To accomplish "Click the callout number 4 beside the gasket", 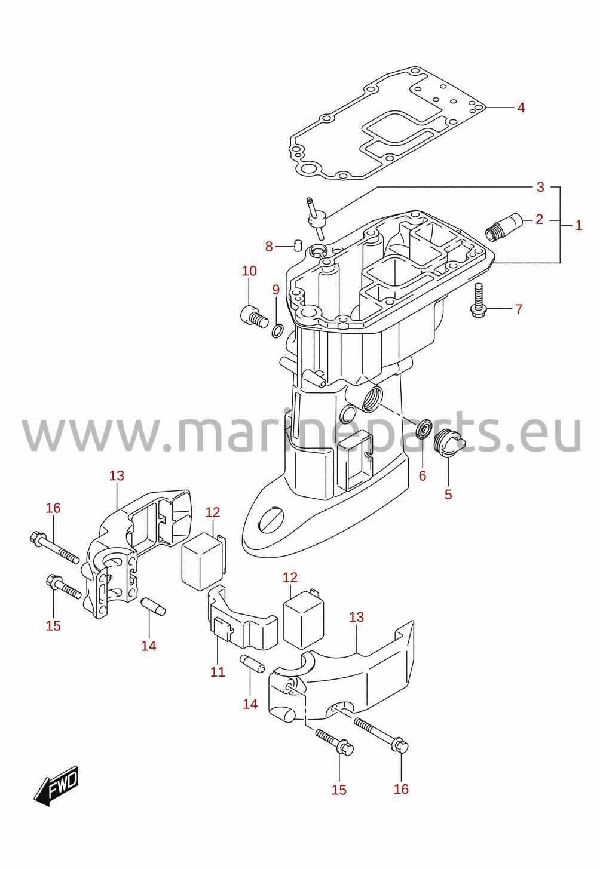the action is pos(521,108).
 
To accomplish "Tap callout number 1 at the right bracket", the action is pos(578,225).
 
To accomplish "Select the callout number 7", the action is pos(519,309).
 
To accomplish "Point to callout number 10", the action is pos(249,271).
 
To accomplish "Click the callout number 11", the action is pos(218,671).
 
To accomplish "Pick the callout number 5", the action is pos(448,495).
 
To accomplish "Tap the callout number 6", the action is pos(423,475).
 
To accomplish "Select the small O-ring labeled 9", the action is pos(277,331).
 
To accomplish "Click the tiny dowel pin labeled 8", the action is pos(298,245).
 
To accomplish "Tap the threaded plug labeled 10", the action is pos(254,320).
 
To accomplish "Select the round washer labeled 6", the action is pos(424,429).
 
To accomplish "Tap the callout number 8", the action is pos(269,246).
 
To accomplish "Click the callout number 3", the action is pos(540,188).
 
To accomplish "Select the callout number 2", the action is pos(539,220).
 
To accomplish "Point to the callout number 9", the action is pos(275,290).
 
